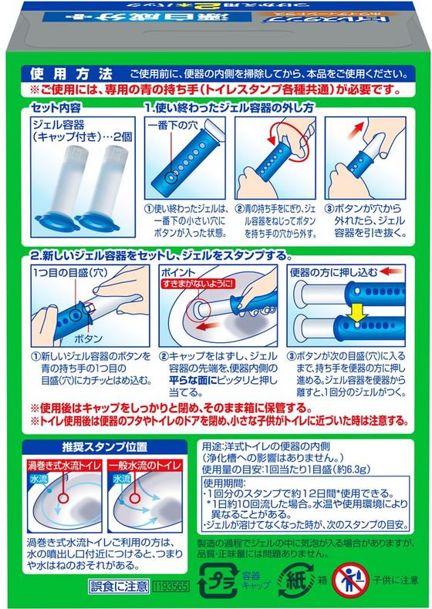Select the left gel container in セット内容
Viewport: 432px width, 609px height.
coord(66,193)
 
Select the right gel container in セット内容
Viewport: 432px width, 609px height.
coord(111,193)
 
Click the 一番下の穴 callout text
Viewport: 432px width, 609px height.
coord(173,126)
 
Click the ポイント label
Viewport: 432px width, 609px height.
coord(178,273)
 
